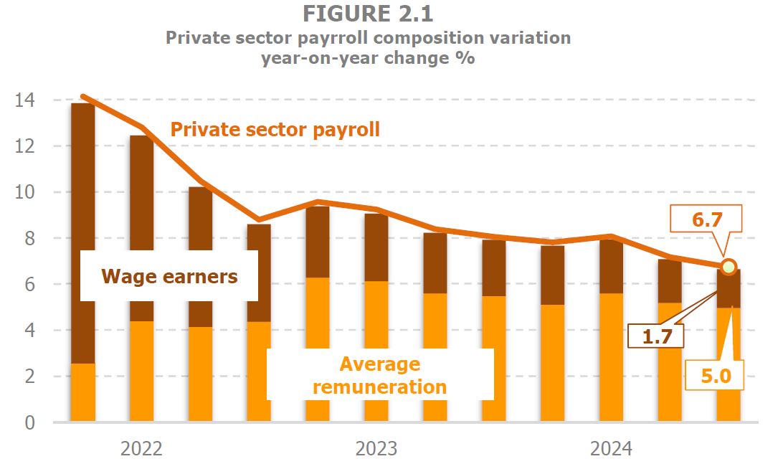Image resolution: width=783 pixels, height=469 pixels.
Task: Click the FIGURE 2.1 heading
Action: pyautogui.click(x=368, y=14)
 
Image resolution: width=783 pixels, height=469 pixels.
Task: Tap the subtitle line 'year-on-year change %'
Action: pyautogui.click(x=368, y=59)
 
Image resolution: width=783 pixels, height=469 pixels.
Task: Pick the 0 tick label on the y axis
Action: pyautogui.click(x=29, y=422)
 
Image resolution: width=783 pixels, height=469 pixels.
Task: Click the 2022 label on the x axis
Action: pyautogui.click(x=141, y=449)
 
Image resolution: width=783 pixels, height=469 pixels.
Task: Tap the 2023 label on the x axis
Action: pyautogui.click(x=376, y=449)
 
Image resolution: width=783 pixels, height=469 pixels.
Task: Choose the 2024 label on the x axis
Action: pyautogui.click(x=611, y=449)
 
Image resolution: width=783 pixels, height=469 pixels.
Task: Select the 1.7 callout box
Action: pyautogui.click(x=655, y=334)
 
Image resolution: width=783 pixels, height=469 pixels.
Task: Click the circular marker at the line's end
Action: pyautogui.click(x=729, y=267)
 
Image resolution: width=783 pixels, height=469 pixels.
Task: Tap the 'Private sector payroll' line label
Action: pyautogui.click(x=275, y=130)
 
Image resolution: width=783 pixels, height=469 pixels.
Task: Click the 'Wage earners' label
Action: pyautogui.click(x=169, y=276)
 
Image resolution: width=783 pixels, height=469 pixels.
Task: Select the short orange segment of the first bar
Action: pyautogui.click(x=83, y=392)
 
